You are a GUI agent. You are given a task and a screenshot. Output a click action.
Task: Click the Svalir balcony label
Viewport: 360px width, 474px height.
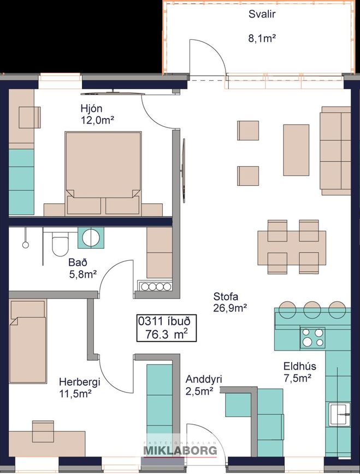262,14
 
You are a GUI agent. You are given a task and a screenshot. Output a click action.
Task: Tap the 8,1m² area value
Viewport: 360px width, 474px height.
262,38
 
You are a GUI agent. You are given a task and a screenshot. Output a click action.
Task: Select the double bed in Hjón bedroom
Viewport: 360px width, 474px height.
103,173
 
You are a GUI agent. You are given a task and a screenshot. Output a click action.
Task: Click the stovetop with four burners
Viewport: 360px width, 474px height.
312,338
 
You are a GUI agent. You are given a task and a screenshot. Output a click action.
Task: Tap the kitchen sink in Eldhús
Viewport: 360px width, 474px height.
340,414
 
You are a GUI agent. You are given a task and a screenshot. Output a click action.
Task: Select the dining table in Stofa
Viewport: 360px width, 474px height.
292,248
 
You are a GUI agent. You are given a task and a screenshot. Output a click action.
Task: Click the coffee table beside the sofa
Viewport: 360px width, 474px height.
296,150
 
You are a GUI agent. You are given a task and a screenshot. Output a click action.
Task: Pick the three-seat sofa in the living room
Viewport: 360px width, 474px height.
335,150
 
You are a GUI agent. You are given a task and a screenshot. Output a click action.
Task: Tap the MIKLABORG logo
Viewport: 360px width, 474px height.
181,449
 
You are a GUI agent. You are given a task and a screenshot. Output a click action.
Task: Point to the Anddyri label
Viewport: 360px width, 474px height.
204,379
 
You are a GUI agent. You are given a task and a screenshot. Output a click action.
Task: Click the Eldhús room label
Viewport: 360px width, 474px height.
299,366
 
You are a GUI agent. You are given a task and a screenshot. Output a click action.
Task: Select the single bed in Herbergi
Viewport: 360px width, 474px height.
28,342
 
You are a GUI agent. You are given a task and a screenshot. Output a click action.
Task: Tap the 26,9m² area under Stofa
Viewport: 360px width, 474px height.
231,308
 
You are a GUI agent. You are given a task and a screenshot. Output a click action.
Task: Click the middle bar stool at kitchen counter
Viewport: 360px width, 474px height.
312,309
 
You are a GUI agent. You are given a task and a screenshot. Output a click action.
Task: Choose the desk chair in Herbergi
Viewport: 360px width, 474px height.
43,431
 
